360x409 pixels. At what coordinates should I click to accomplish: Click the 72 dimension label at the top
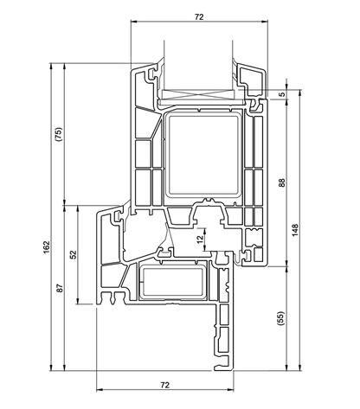(x=199, y=17)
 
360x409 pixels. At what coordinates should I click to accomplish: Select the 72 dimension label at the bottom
(x=165, y=385)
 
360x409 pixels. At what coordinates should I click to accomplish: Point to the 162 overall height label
(x=47, y=247)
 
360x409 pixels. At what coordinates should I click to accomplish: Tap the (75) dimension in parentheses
(x=59, y=134)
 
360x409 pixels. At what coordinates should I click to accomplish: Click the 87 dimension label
(x=60, y=288)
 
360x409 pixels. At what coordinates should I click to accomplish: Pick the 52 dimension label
(x=74, y=254)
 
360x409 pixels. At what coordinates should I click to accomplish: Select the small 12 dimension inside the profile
(x=200, y=239)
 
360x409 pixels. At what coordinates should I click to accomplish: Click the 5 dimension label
(x=282, y=94)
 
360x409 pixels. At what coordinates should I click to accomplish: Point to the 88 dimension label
(x=282, y=182)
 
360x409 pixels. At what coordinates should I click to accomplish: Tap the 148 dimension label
(x=295, y=230)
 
